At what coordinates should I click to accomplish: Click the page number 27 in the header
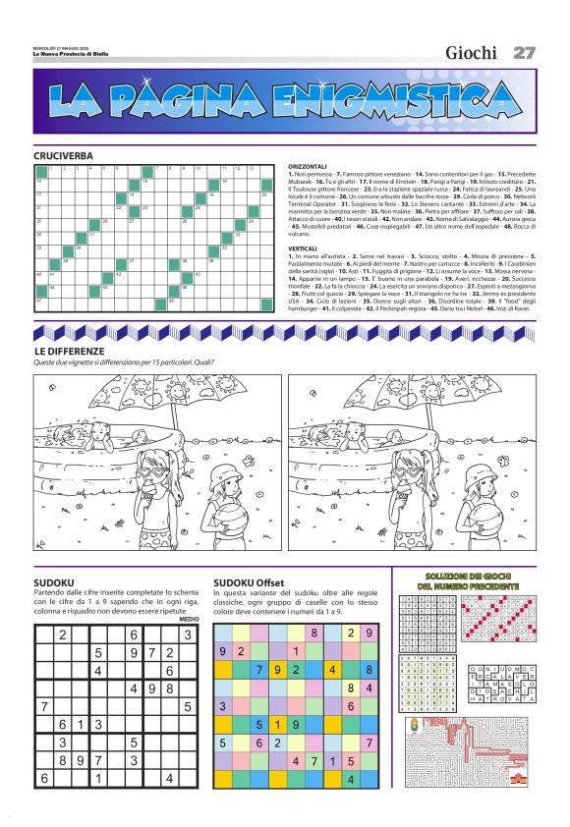point(524,52)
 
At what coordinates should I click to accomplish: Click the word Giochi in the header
point(471,53)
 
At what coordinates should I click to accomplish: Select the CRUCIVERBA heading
point(63,156)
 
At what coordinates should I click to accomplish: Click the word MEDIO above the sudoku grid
point(189,619)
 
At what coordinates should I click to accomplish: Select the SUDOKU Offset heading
point(249,582)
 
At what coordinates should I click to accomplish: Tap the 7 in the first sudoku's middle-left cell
point(44,706)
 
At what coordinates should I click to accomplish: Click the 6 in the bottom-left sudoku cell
point(44,779)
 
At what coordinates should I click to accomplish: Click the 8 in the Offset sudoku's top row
point(314,634)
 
